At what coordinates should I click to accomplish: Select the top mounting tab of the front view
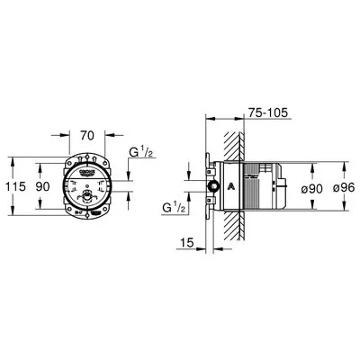point(87,157)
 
